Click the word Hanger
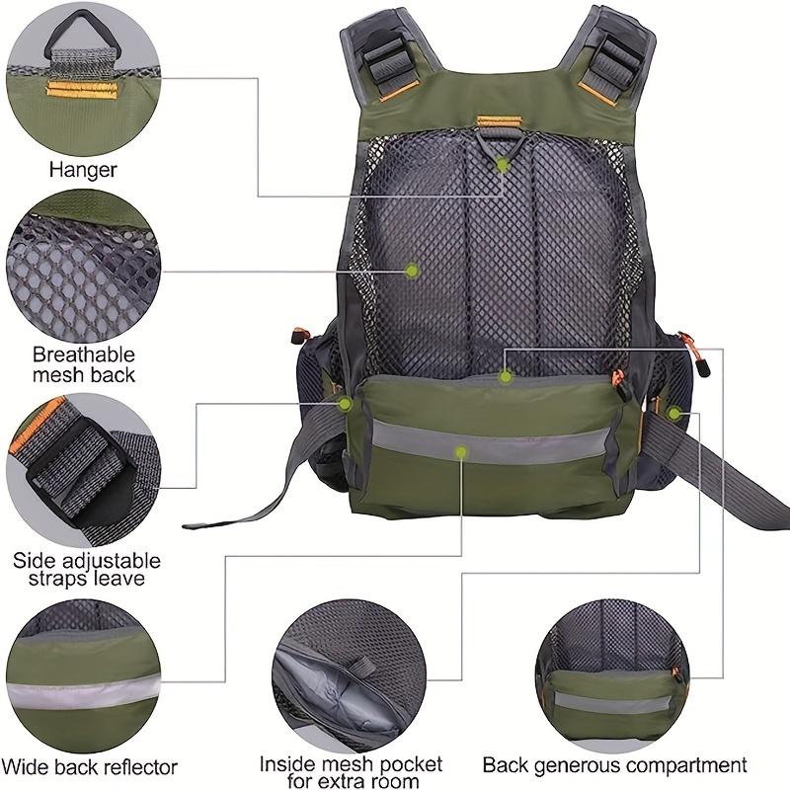point(83,170)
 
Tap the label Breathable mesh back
point(83,364)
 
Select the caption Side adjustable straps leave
point(78,570)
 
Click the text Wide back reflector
point(89,765)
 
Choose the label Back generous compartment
point(614,765)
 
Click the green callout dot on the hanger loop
point(503,165)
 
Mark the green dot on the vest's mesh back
point(413,270)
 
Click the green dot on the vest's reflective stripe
point(460,452)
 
